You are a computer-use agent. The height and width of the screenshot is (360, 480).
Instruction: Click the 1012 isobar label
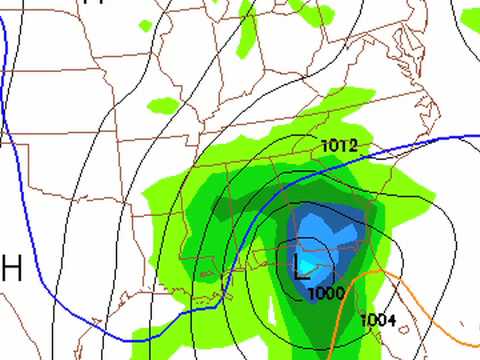(x=340, y=147)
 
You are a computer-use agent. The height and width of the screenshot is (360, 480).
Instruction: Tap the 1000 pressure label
(x=326, y=292)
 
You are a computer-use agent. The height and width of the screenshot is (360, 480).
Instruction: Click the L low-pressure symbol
(x=302, y=265)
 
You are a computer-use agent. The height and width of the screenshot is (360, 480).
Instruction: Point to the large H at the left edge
(x=12, y=267)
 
